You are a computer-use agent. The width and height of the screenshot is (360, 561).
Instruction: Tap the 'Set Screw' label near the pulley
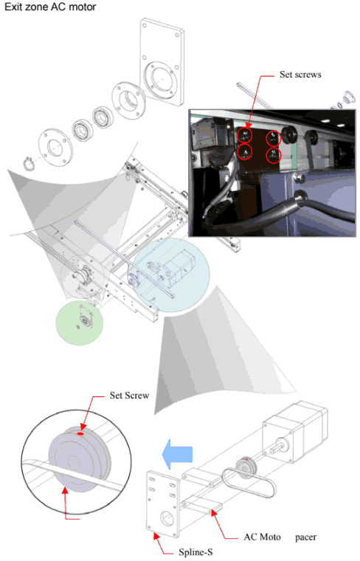(129, 395)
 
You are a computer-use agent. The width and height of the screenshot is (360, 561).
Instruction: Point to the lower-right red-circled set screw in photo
(274, 155)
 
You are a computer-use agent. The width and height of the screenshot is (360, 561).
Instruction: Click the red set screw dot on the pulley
(79, 434)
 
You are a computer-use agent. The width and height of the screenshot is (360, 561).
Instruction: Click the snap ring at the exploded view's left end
(27, 162)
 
